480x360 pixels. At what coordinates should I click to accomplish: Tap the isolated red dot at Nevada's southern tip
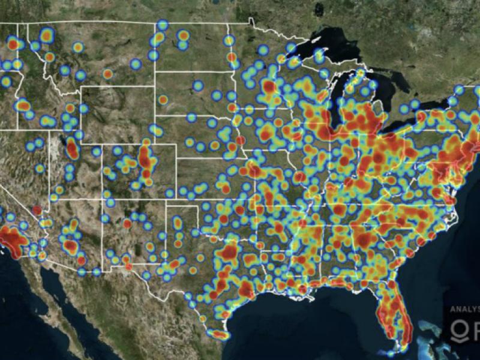pos(37,211)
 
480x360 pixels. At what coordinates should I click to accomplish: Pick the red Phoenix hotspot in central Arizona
pos(71,246)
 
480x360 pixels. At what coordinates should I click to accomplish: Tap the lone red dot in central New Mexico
pos(127,223)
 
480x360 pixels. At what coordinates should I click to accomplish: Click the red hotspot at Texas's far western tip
pos(127,265)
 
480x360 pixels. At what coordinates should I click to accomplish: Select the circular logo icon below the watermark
pos(458,329)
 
